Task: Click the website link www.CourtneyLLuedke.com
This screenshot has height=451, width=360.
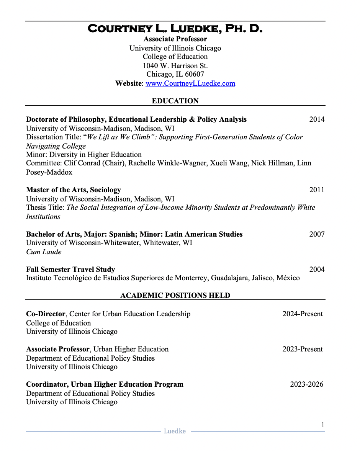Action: coord(190,83)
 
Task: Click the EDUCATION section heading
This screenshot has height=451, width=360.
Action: coord(175,101)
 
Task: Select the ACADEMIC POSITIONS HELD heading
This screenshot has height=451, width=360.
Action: coord(175,296)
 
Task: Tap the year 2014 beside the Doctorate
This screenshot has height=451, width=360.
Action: coord(317,119)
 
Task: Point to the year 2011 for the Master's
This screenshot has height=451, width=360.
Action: coord(317,190)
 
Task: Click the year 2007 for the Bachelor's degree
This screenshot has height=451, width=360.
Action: coord(317,234)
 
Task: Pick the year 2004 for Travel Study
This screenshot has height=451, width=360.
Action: coord(317,270)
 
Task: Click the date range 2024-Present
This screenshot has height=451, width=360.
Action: coord(303,314)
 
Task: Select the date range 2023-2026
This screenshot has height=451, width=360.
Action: coord(306,384)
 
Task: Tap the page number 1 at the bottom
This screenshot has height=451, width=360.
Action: coord(322,425)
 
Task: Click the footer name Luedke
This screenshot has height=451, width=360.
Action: coord(175,431)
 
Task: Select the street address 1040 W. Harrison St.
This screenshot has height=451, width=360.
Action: coord(175,65)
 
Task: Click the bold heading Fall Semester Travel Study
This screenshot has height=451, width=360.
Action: coord(70,270)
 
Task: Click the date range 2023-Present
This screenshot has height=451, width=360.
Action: coord(303,349)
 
